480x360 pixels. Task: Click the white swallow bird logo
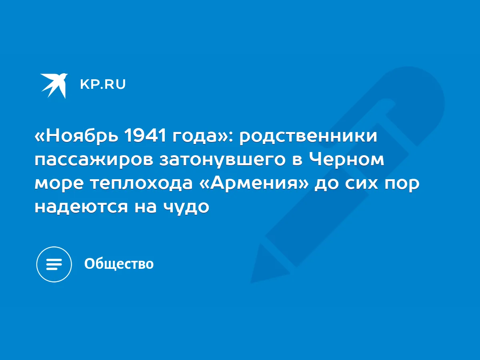point(54,86)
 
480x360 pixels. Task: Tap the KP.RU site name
point(103,84)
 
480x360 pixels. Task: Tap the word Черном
point(347,159)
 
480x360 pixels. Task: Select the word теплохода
point(142,184)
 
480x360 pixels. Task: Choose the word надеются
point(81,207)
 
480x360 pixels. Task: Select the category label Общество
point(119,264)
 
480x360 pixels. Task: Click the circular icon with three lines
point(54,264)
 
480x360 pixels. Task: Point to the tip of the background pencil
point(251,282)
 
